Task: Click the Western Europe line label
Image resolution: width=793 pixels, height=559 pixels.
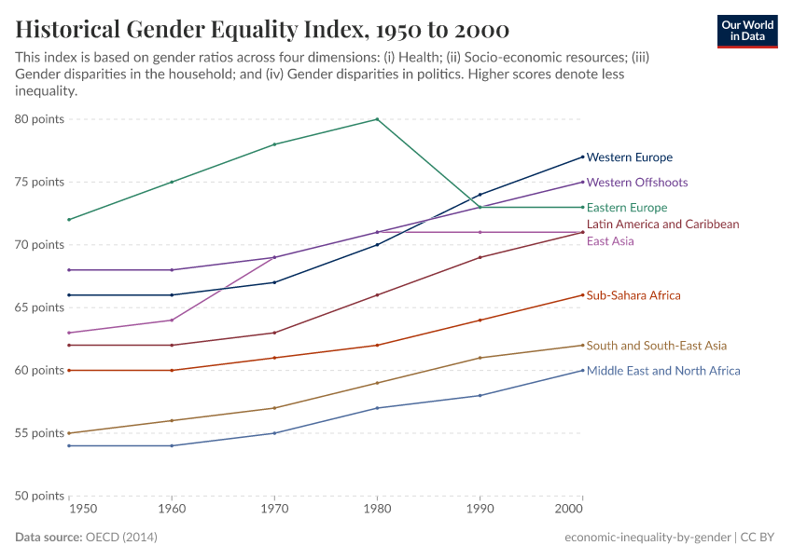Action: [x=629, y=157]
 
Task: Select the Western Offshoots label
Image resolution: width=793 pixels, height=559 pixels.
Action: [x=636, y=183]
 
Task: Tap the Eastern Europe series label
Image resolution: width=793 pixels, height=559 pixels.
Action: [x=626, y=208]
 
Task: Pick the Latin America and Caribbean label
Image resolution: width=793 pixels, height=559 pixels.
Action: [x=662, y=225]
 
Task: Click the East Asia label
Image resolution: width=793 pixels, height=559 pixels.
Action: [x=609, y=241]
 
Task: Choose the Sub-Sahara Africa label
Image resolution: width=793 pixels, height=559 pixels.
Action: [x=633, y=295]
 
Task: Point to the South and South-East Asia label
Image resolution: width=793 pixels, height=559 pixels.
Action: [x=656, y=346]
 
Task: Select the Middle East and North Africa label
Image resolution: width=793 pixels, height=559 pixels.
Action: [x=662, y=371]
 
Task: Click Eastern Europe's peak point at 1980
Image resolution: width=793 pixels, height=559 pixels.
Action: [x=377, y=119]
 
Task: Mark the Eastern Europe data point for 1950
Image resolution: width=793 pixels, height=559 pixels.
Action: [x=69, y=220]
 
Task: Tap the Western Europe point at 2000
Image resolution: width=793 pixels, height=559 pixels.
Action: [x=582, y=157]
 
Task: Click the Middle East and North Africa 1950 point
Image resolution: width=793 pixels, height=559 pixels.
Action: [x=69, y=445]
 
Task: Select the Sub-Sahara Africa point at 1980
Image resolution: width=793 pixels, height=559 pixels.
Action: [x=377, y=346]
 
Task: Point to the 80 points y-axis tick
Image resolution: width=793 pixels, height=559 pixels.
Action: [x=39, y=119]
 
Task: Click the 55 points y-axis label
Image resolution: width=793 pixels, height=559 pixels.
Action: [x=39, y=433]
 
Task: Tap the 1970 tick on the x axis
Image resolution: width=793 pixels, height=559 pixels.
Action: [x=274, y=510]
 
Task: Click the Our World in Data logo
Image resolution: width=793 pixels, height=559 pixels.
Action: [x=747, y=31]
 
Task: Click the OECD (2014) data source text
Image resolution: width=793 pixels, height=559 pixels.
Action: [x=120, y=538]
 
